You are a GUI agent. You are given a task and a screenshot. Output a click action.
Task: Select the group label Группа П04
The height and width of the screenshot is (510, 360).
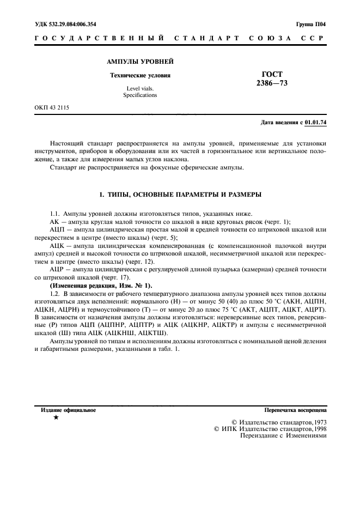311,25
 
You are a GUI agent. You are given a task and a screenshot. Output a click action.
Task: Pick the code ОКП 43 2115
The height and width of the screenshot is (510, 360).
52,107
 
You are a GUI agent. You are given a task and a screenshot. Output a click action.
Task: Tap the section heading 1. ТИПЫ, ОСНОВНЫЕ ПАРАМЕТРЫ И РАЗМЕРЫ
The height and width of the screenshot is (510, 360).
179,194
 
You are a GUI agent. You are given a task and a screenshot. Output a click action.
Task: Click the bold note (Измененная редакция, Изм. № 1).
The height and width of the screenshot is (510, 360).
101,285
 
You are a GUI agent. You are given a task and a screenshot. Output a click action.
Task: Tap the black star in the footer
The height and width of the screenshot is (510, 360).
56,417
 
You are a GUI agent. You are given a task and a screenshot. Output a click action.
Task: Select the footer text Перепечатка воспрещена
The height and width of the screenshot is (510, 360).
295,409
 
